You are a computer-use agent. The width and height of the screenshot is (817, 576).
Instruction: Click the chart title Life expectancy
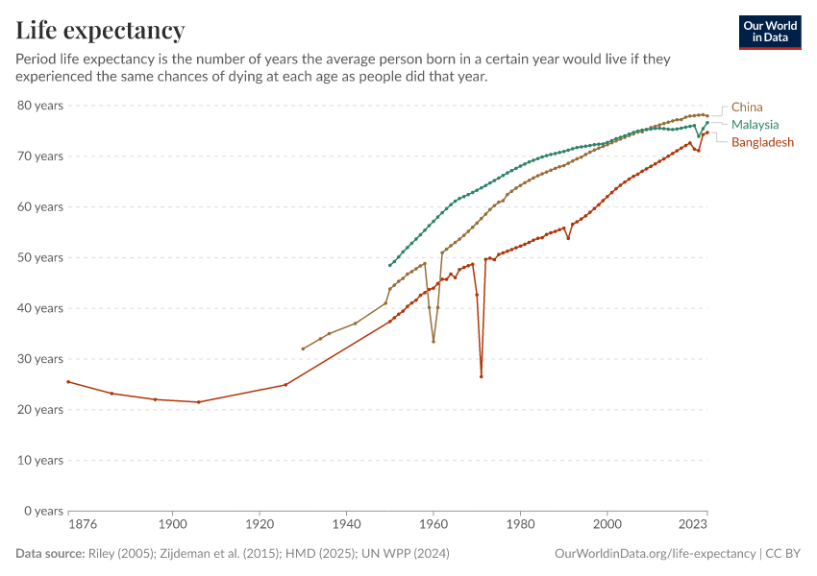pos(100,31)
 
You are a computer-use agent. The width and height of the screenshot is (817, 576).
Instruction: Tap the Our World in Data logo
pos(769,32)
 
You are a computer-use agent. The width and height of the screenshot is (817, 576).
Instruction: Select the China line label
pos(747,108)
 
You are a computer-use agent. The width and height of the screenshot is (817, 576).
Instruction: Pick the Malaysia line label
pos(755,125)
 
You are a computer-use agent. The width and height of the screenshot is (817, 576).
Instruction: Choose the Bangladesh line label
pos(762,142)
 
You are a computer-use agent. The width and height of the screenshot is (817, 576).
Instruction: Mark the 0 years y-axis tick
pos(43,511)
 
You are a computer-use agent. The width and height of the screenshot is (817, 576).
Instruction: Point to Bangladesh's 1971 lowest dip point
pos(482,376)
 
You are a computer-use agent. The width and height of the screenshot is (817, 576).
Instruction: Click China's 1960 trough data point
pos(433,342)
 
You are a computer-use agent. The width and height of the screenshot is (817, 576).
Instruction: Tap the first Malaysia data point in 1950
pos(390,265)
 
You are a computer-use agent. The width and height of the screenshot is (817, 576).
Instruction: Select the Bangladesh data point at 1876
pos(68,381)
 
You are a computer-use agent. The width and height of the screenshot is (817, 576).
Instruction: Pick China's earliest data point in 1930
pos(303,348)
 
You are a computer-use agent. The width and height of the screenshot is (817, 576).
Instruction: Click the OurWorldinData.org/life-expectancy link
pos(656,554)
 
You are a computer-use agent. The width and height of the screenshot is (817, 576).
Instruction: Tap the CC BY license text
pos(782,554)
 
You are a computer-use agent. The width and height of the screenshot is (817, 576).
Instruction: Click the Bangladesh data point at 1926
pos(285,385)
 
